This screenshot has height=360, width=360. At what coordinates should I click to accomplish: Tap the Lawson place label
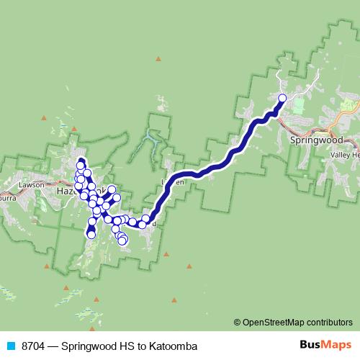(x=32, y=184)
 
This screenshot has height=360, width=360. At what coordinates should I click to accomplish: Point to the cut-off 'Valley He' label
(x=344, y=155)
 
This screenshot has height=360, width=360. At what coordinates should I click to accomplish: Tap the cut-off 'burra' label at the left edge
(x=9, y=194)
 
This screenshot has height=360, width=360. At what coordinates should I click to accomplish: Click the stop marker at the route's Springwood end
(x=282, y=98)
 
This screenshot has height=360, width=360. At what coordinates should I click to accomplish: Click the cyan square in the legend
(x=10, y=346)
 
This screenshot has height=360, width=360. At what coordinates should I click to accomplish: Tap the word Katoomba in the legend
(x=171, y=346)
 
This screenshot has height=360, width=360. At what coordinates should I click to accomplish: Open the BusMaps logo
(x=322, y=345)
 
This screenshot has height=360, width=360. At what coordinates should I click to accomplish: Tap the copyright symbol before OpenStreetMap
(x=238, y=322)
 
